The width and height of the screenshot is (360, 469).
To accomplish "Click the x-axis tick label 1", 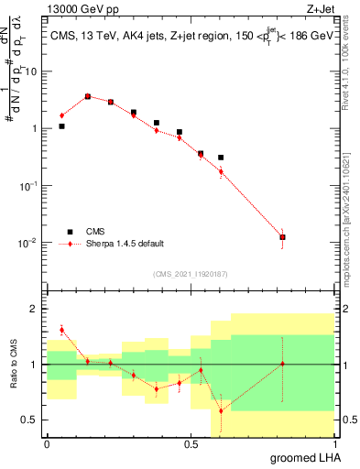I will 333,444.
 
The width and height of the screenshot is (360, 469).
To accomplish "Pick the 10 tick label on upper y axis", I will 32,71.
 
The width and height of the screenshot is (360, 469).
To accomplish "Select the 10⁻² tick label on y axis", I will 30,243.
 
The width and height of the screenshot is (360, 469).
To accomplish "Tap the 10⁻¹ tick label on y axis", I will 30,185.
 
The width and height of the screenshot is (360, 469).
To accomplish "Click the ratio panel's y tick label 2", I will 35,309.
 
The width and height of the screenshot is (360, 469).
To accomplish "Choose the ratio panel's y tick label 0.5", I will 30,420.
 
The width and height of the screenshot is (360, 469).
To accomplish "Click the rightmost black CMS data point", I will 282,237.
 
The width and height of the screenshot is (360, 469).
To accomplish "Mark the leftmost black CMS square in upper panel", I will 61,125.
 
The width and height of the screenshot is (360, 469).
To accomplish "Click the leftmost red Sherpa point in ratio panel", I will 61,330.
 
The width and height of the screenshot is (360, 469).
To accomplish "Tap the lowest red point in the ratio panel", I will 221,410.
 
